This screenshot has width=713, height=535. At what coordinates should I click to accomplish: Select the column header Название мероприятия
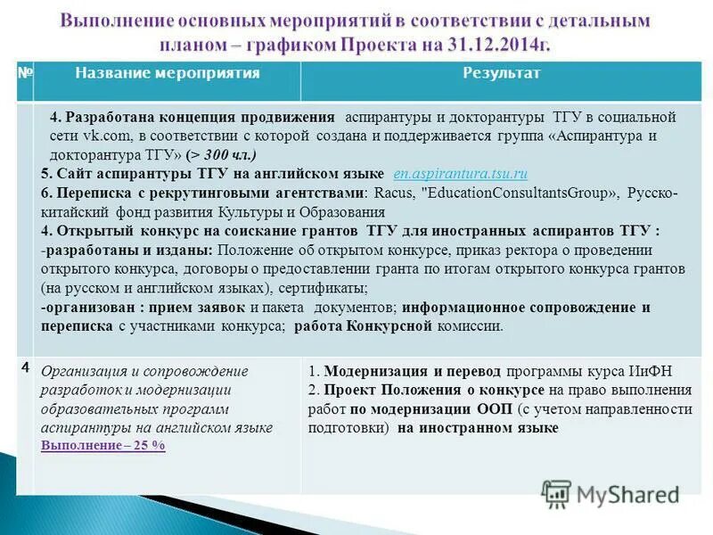point(167,73)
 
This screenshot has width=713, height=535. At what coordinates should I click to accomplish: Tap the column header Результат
point(501,73)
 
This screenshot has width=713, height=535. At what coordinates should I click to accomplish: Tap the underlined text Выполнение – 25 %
point(103,446)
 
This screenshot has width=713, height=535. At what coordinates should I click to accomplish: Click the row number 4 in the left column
point(25,367)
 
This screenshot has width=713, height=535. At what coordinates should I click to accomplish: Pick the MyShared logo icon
point(557,494)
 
